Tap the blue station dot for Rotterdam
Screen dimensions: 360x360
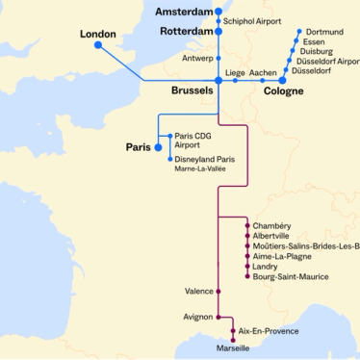(x=219, y=32)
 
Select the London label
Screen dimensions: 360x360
(x=97, y=34)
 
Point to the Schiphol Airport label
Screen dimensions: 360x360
(x=253, y=20)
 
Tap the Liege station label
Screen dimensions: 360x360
(x=235, y=72)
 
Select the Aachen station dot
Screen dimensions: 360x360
(x=262, y=81)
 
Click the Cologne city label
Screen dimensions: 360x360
(x=283, y=91)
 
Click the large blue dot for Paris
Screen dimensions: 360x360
(x=159, y=147)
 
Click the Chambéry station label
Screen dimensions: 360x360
(x=271, y=225)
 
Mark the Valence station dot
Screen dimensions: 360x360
(x=219, y=291)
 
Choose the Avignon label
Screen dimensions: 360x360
(x=197, y=316)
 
